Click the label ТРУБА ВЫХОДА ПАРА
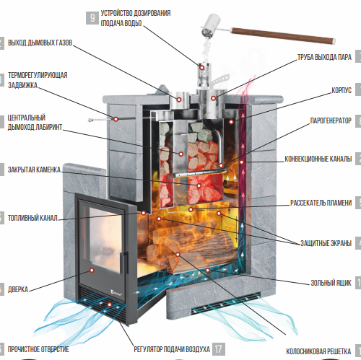[324, 57]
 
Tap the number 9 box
[92, 18]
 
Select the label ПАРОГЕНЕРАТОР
[331, 120]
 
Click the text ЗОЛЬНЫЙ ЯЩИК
[331, 283]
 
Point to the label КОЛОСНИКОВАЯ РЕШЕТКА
[318, 351]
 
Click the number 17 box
[218, 349]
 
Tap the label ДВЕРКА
[18, 289]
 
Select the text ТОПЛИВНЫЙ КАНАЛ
[32, 218]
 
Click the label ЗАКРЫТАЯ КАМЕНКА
[34, 170]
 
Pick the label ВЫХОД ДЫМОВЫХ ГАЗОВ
[40, 43]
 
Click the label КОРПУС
[342, 90]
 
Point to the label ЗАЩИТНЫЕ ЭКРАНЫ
[326, 243]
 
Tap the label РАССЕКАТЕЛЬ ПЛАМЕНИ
[321, 203]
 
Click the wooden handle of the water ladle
[283, 36]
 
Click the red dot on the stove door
[92, 271]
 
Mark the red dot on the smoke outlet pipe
[179, 100]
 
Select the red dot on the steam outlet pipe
[213, 98]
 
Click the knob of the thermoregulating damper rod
[90, 120]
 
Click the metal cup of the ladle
[211, 25]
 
